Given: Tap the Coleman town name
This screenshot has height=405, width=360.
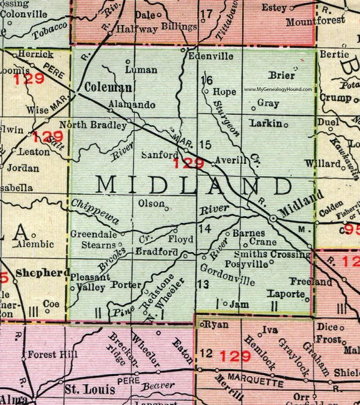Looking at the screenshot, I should [x=108, y=88].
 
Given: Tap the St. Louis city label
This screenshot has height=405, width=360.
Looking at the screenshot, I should [x=90, y=390].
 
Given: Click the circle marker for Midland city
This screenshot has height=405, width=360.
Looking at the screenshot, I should [x=272, y=218].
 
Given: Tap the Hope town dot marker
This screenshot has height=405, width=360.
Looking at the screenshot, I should [x=207, y=91].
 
